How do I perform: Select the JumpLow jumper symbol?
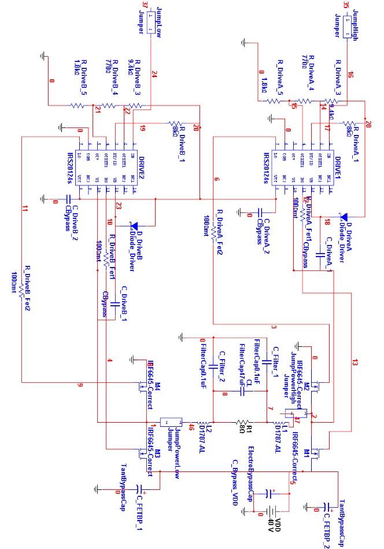tap(150, 27)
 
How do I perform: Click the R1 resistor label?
tap(249, 430)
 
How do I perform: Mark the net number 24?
tap(154, 74)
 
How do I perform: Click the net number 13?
tap(354, 363)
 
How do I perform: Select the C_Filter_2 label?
tap(221, 361)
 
